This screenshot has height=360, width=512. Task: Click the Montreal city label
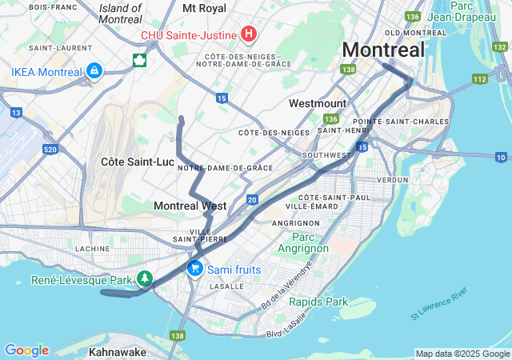pos(384,50)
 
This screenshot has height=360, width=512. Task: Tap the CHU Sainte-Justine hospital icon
pos(249,34)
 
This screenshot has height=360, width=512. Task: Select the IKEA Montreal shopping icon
pos(94,72)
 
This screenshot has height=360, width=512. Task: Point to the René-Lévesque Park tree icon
pos(145,279)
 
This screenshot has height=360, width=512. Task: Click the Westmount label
pos(318,104)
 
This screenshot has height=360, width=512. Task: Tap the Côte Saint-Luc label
pos(138,162)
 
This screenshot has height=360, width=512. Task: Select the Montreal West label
pos(190,206)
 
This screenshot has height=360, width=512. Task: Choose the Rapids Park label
pos(318,302)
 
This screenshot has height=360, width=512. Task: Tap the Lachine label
pos(92,249)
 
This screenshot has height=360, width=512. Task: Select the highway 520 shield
pos(50,150)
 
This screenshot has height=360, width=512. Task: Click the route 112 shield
pos(479,78)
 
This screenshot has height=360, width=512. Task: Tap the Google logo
pos(26,350)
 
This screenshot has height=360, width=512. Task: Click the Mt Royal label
pos(204,8)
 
